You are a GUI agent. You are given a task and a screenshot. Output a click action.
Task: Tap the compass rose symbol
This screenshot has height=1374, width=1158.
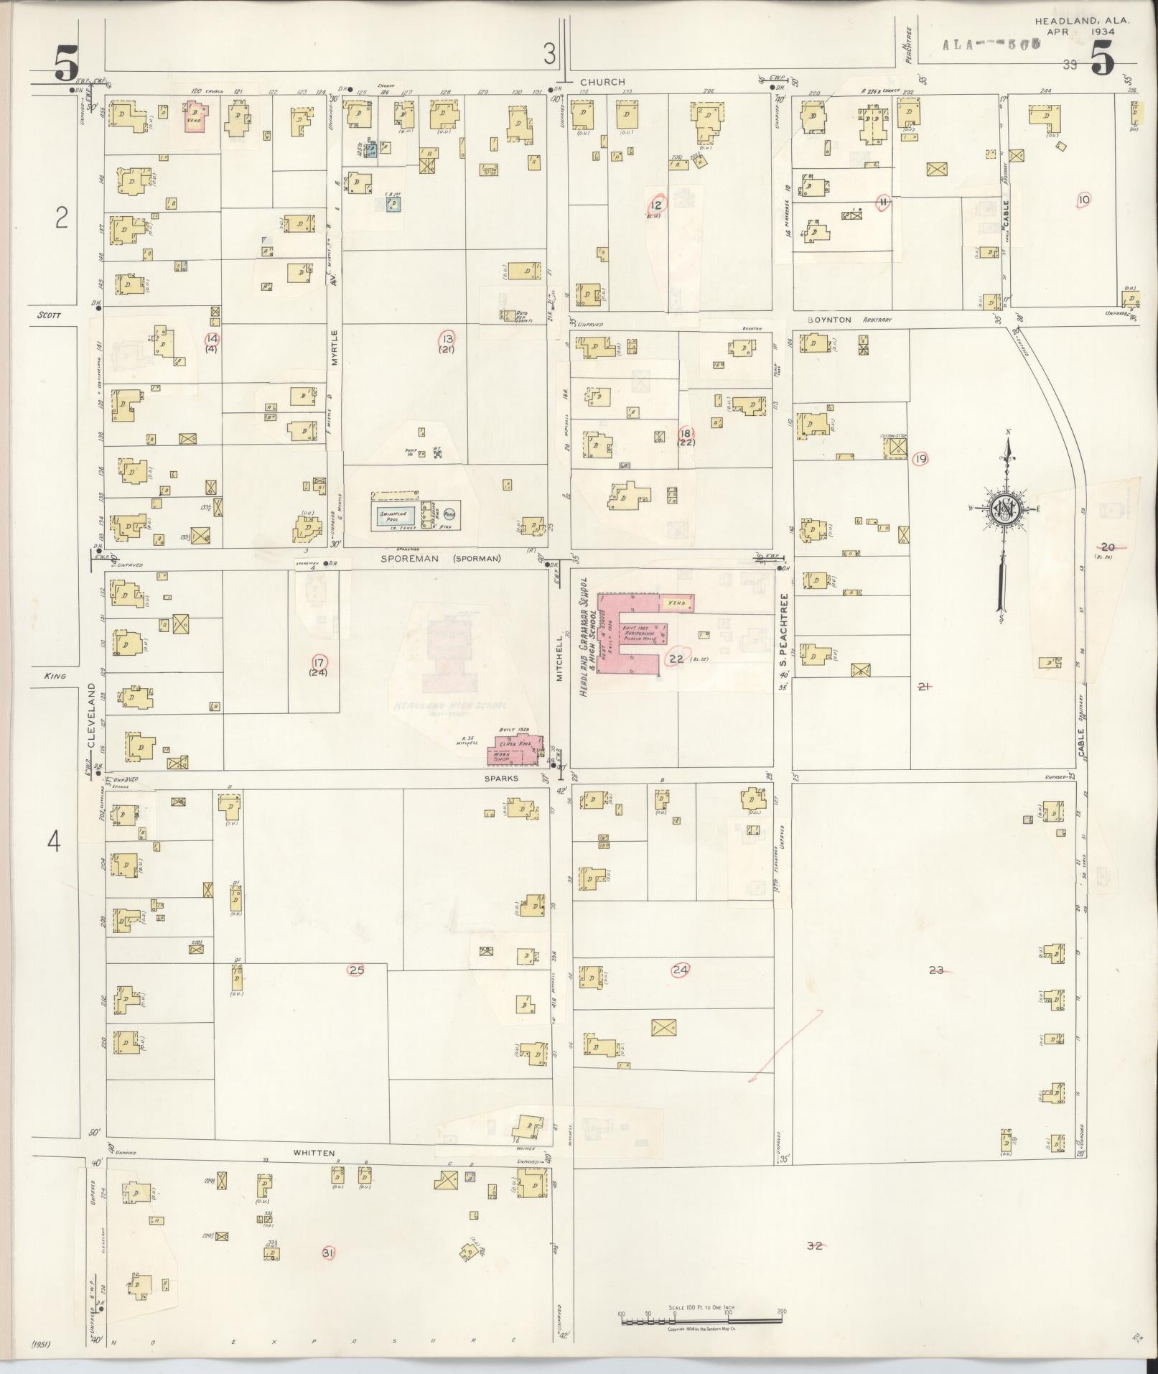tap(1004, 509)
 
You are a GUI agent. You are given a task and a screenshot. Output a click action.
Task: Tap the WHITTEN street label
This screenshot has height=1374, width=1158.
tap(314, 1153)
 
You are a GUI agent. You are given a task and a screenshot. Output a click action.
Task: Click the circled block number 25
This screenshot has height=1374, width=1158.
tap(356, 970)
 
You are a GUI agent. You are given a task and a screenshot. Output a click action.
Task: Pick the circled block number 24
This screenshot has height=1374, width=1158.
tap(680, 970)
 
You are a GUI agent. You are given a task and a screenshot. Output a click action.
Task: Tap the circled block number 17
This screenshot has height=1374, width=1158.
tap(319, 662)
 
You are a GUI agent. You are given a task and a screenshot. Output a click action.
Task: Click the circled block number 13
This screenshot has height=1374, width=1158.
tap(448, 338)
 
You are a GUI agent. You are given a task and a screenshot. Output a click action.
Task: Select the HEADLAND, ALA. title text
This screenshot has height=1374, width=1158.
tap(1082, 22)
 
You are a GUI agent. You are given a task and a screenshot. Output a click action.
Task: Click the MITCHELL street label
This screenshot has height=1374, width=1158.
tap(561, 656)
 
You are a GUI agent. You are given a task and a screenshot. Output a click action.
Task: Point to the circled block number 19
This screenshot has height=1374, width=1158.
tap(920, 458)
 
